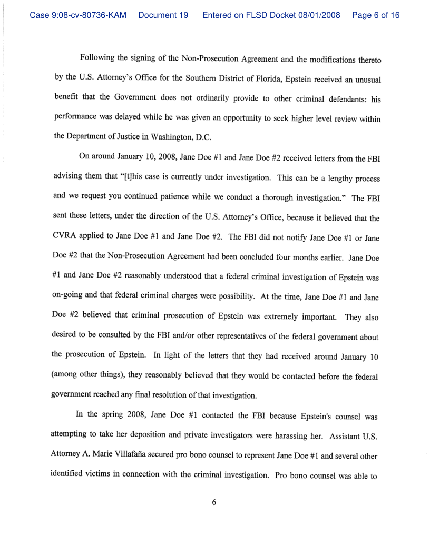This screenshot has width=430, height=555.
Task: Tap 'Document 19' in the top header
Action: point(163,15)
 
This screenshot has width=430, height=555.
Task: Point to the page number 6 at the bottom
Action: point(214,502)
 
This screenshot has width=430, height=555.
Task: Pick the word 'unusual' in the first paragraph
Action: point(364,77)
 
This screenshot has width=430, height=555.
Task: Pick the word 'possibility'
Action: point(230,279)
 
